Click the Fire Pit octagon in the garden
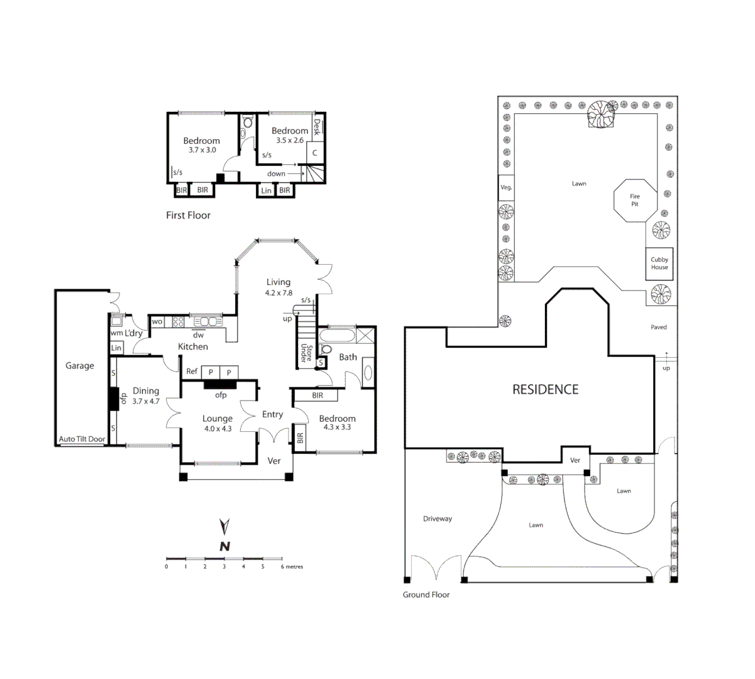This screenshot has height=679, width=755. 635,200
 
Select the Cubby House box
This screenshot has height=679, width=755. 659,263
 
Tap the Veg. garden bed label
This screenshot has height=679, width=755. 506,187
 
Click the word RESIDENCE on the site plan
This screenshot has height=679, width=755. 545,390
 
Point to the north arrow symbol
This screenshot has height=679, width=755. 224,534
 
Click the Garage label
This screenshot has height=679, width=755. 80,366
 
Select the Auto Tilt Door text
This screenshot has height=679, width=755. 82,439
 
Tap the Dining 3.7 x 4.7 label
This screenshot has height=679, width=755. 146,395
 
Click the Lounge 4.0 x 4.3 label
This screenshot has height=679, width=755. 218,423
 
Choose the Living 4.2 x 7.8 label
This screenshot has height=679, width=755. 278,287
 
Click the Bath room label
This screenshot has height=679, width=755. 348,357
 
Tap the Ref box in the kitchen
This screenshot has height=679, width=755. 192,372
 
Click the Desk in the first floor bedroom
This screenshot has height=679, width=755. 317,128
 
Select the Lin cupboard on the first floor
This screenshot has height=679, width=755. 267,190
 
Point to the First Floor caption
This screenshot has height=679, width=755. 188,216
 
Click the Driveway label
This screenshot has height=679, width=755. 438,519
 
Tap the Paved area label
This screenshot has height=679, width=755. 659,328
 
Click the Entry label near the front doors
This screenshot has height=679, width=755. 272,414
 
